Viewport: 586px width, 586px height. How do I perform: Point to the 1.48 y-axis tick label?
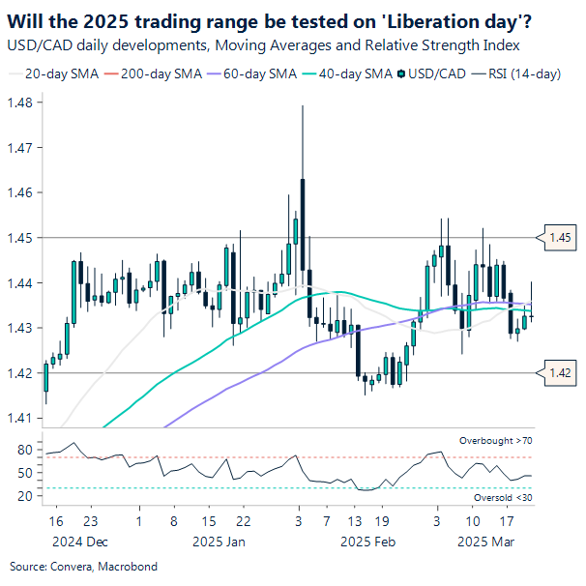click(x=21, y=103)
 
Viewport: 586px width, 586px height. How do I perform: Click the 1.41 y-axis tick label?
click(x=21, y=418)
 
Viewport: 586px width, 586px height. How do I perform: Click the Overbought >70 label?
click(x=494, y=441)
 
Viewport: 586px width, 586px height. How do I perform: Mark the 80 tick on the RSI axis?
click(x=25, y=449)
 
